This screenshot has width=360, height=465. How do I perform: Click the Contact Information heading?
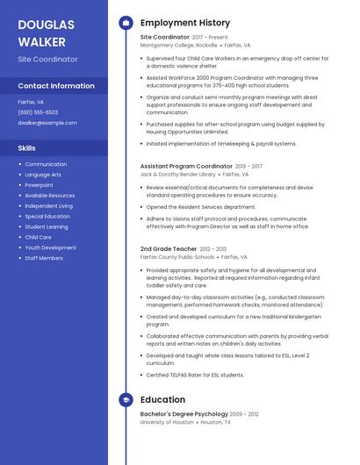tap(56, 86)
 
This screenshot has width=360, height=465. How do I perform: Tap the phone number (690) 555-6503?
tap(38, 112)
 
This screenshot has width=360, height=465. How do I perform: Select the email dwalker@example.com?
tap(47, 123)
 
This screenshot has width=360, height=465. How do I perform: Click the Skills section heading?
tap(26, 148)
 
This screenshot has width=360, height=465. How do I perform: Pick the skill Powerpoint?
tap(39, 185)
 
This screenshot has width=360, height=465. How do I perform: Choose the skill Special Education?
tap(47, 216)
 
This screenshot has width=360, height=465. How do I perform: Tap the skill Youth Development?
tap(50, 247)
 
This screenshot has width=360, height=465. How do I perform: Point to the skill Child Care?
tap(38, 237)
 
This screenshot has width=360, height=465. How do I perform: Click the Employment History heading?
tap(185, 23)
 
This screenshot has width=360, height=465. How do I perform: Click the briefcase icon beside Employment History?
tap(126, 23)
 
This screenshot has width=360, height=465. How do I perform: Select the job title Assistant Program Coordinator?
tap(186, 166)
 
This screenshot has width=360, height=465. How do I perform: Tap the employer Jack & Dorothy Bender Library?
tap(178, 174)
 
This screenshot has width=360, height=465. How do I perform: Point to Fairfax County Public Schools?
tap(176, 257)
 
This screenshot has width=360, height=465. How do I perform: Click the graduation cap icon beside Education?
tap(126, 400)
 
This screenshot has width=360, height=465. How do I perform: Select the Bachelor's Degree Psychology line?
tap(184, 413)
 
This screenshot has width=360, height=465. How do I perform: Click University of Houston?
tap(167, 422)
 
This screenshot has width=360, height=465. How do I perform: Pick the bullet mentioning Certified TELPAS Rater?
tap(195, 375)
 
